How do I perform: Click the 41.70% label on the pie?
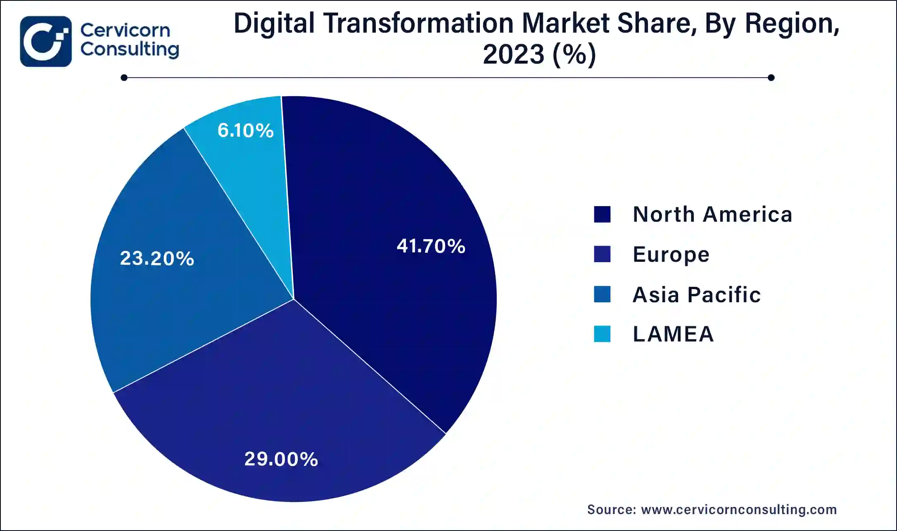(431, 246)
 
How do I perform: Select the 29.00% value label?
(281, 459)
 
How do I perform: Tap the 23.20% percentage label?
(157, 258)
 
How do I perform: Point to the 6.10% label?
(245, 130)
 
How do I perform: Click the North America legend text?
(712, 214)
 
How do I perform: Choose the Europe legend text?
(671, 254)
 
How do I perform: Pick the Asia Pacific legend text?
(697, 295)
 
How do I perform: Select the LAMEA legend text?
(673, 334)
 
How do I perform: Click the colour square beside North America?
(602, 214)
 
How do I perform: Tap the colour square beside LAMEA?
(602, 334)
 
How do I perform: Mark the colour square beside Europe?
(602, 254)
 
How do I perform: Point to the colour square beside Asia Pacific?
(602, 294)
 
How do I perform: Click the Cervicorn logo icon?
(46, 41)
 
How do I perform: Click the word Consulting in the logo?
(130, 50)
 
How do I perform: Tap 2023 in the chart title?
(513, 55)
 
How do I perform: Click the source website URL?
(739, 510)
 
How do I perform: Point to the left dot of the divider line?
(124, 78)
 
